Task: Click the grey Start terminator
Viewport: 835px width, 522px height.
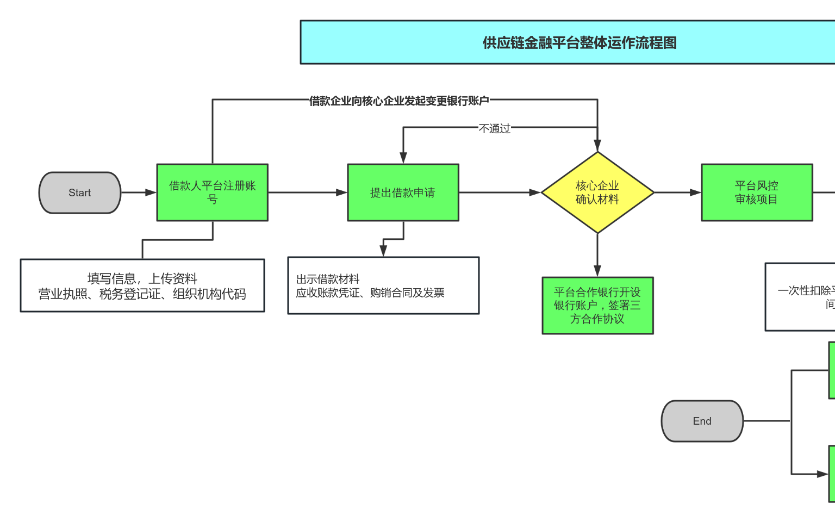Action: [80, 192]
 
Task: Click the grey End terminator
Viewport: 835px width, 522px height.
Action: [702, 421]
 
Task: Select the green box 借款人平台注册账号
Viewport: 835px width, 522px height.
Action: [212, 192]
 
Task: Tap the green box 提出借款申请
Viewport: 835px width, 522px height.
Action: [403, 192]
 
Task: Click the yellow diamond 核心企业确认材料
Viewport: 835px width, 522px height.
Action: [597, 192]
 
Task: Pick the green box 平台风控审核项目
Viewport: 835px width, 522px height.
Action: [757, 192]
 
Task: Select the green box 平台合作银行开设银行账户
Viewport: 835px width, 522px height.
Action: [597, 306]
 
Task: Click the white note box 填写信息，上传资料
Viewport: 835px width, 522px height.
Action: [142, 285]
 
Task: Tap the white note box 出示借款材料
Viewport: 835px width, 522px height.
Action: [383, 285]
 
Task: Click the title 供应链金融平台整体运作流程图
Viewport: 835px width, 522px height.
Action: [579, 42]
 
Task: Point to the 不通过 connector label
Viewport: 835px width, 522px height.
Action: [494, 128]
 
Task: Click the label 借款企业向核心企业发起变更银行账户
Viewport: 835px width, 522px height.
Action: [399, 101]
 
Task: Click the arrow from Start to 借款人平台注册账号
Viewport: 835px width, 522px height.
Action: [139, 192]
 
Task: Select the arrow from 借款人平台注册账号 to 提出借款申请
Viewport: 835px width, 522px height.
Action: [308, 192]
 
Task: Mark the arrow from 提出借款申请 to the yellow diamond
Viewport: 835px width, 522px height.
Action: [500, 192]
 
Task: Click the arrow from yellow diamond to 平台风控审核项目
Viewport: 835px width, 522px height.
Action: [677, 192]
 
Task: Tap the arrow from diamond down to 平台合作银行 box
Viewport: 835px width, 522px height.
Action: [597, 255]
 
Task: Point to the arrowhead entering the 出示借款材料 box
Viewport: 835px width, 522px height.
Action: [383, 251]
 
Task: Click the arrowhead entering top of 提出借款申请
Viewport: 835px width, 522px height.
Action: [403, 158]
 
